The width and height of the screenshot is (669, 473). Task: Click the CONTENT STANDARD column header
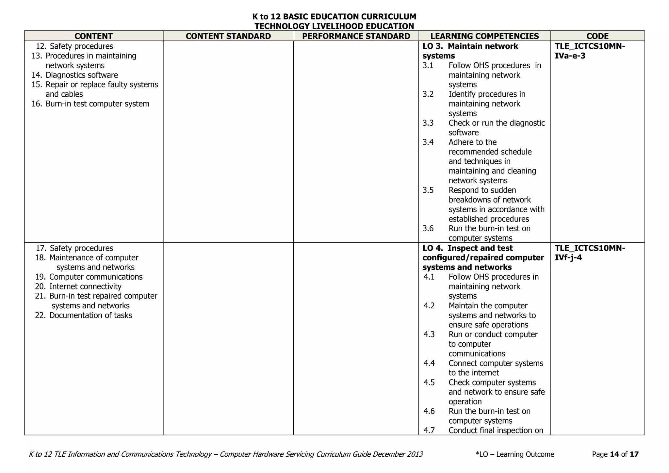(228, 36)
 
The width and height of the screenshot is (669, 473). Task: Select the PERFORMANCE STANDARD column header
(356, 36)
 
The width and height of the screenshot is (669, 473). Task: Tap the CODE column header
(597, 36)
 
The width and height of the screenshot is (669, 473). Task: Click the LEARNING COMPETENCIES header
(484, 36)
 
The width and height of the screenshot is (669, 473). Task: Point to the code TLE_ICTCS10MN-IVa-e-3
(590, 51)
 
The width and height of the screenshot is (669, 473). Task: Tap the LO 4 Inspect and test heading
(483, 257)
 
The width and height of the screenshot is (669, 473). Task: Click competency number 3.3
(428, 123)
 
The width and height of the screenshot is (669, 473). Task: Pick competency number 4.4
(429, 363)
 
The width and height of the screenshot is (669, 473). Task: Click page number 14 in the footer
(614, 454)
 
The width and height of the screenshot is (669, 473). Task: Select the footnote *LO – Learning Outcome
(515, 454)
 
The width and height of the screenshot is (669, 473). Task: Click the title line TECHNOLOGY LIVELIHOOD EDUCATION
(334, 26)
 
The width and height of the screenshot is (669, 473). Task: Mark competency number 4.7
(429, 430)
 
